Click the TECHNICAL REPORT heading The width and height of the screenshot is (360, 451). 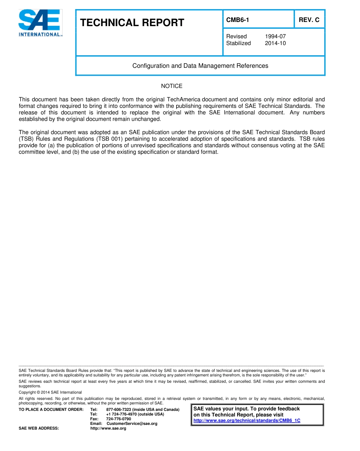(132, 23)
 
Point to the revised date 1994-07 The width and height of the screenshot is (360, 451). (275, 36)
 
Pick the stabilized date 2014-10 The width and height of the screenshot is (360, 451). (275, 43)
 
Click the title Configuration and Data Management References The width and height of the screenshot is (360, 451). (200, 66)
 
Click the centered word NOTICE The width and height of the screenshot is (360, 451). (172, 86)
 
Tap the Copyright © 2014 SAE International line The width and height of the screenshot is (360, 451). (50, 392)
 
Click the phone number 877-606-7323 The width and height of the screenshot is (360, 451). (119, 410)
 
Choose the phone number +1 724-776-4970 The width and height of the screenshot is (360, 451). (123, 414)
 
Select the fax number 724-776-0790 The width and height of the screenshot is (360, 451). (118, 419)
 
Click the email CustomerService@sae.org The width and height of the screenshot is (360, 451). (132, 423)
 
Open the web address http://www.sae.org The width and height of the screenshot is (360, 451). (108, 428)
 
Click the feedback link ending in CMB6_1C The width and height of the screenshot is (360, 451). (247, 421)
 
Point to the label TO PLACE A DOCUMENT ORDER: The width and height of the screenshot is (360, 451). (51, 410)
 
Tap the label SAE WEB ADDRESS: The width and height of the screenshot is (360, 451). (39, 428)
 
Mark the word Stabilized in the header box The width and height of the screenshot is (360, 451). (238, 43)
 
